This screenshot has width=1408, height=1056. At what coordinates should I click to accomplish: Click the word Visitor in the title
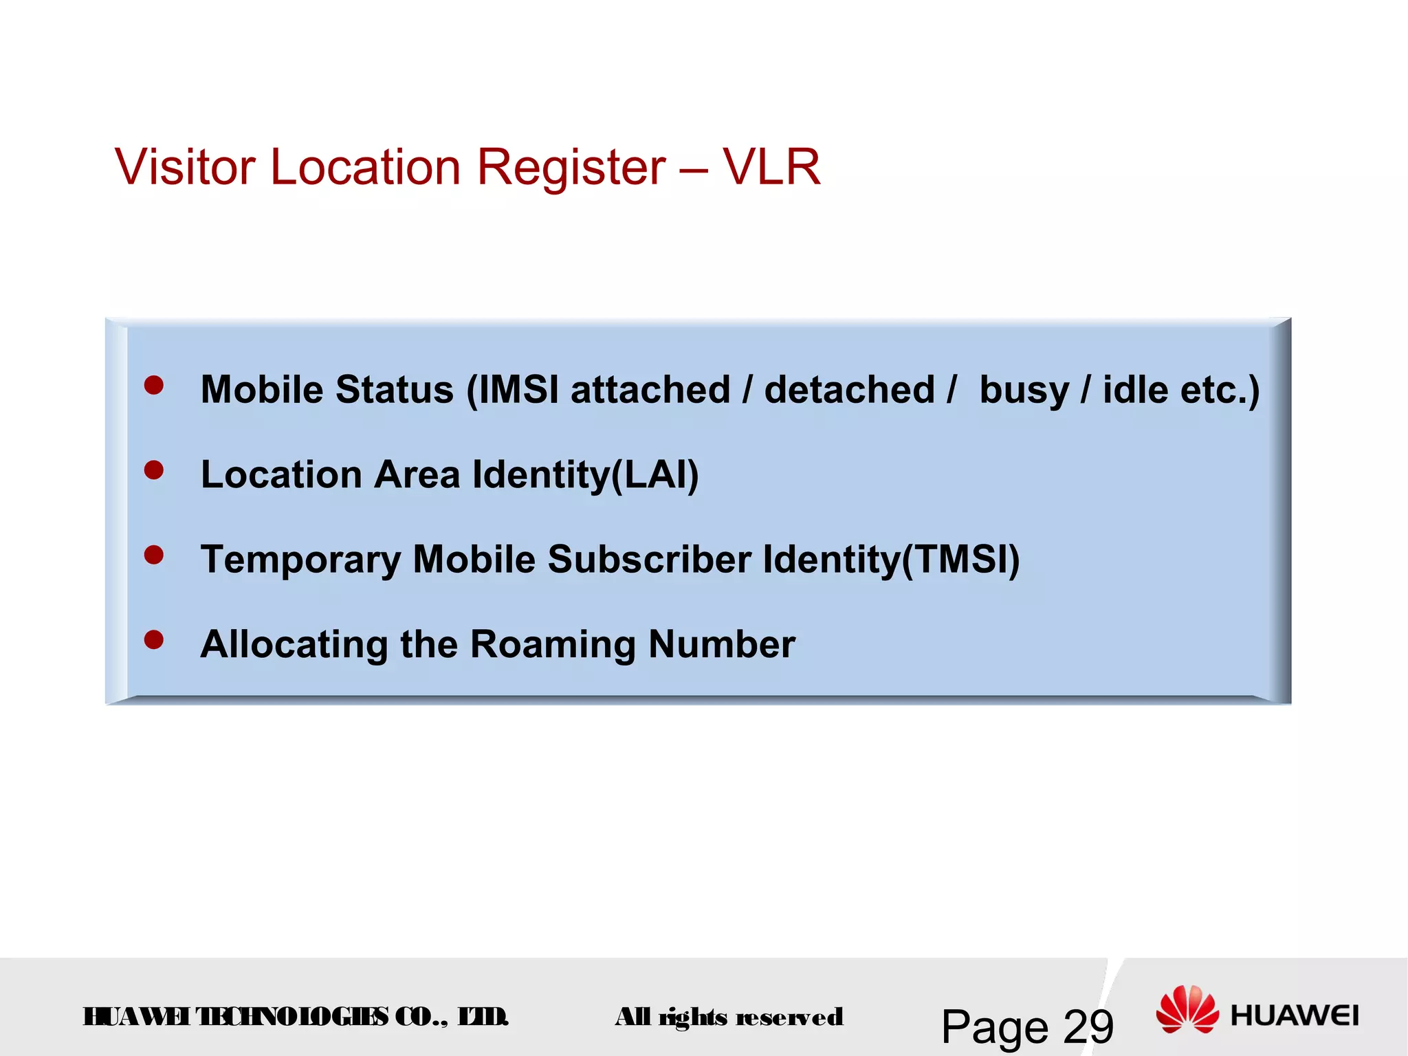(185, 167)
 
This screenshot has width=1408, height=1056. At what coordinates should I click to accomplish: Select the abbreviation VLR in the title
(771, 167)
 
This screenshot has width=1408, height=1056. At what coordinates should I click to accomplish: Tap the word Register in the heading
(571, 168)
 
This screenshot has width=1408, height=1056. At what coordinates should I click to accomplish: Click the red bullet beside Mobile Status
(154, 385)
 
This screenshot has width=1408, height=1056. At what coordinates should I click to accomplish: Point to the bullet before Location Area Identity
(154, 470)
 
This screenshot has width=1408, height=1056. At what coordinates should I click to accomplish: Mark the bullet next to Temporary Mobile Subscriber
(154, 555)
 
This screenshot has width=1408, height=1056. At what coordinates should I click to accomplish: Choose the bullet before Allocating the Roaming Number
(154, 640)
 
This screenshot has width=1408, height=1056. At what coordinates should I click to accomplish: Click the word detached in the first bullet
(850, 390)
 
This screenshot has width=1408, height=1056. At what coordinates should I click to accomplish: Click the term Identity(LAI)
(585, 475)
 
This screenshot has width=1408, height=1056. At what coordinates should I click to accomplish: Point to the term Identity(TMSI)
(891, 560)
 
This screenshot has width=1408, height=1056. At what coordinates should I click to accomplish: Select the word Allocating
(294, 645)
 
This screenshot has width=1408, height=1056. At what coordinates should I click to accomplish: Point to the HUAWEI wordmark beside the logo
(1295, 1015)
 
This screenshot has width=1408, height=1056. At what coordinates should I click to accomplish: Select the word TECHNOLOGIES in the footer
(292, 1016)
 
